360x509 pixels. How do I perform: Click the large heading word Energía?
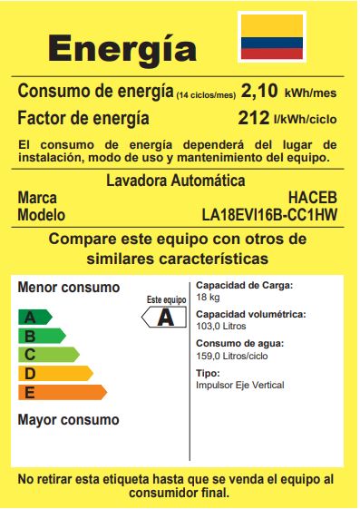(122, 47)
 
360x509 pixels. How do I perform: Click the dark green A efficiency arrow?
(34, 317)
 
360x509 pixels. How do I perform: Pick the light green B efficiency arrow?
(41, 336)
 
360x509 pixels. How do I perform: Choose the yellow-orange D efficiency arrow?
(54, 373)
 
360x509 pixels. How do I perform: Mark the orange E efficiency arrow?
(62, 392)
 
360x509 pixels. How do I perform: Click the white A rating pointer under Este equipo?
(165, 318)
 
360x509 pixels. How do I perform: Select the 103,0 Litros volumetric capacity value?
(221, 326)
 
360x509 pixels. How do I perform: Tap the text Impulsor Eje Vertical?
(239, 385)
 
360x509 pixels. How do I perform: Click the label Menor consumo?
(69, 288)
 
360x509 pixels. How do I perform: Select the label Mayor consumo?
(68, 420)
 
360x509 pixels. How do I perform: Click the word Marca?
(38, 197)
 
